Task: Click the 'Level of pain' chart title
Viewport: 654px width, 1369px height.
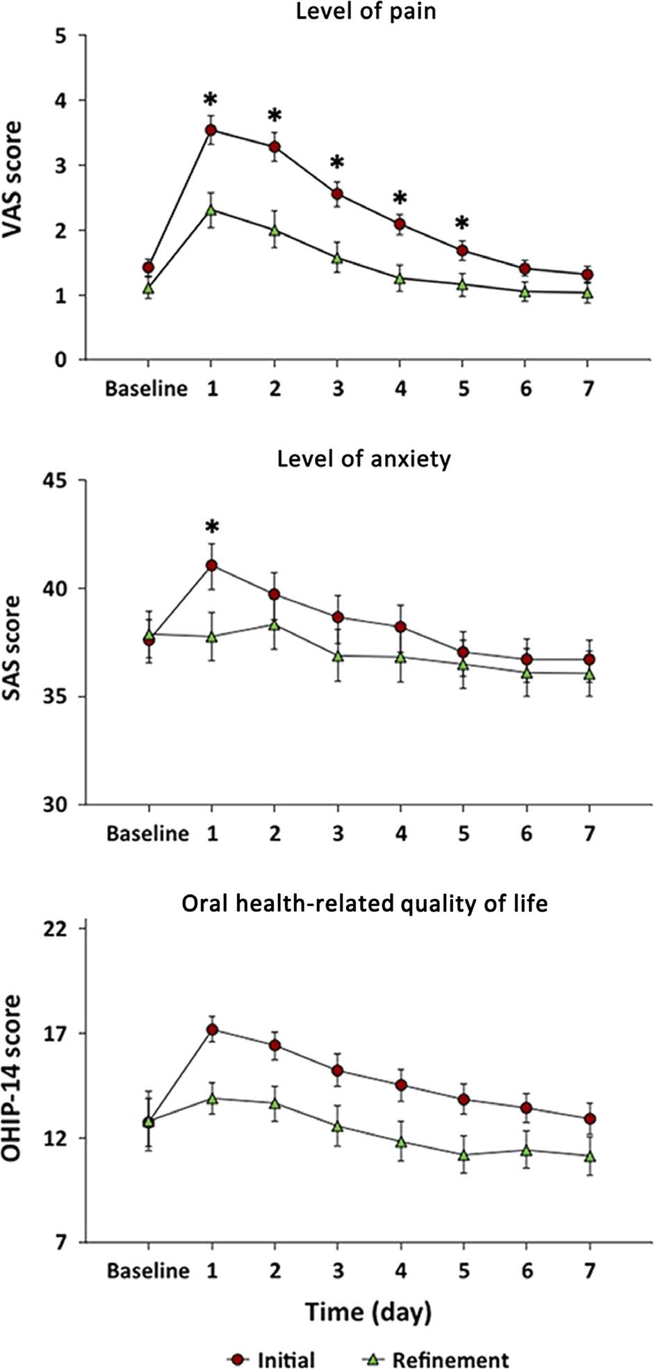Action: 366,12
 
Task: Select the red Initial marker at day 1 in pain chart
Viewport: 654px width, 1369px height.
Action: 211,130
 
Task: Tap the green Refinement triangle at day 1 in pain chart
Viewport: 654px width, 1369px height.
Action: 211,209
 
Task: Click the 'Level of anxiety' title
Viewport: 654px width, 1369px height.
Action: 363,460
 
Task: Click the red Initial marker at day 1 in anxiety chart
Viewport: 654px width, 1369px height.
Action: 211,565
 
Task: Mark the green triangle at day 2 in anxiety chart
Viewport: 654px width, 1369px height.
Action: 275,624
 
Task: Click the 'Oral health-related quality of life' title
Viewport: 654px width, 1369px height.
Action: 364,903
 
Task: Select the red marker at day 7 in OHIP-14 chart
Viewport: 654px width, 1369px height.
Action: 589,1119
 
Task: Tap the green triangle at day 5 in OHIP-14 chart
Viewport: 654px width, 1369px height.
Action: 463,1155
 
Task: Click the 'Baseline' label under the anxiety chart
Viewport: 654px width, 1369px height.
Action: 147,833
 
